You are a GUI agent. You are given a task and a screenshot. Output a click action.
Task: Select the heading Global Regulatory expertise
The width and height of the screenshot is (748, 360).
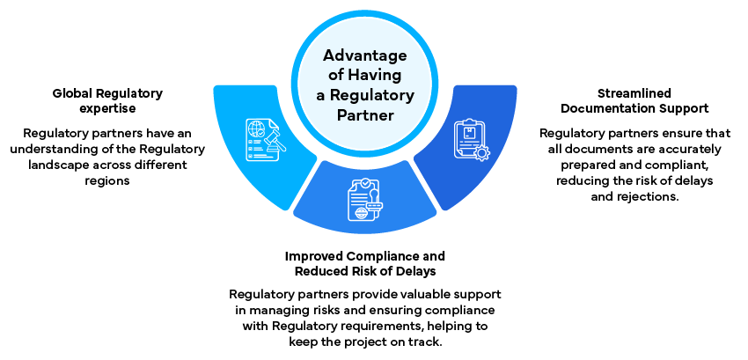107,99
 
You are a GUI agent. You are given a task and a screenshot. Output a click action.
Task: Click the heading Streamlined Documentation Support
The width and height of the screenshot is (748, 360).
634,100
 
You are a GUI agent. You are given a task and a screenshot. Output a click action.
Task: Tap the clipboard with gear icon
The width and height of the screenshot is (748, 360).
471,140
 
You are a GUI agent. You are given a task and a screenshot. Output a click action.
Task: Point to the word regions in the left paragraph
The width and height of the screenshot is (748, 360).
107,180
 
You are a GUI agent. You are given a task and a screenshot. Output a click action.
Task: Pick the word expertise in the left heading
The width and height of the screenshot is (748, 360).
108,108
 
